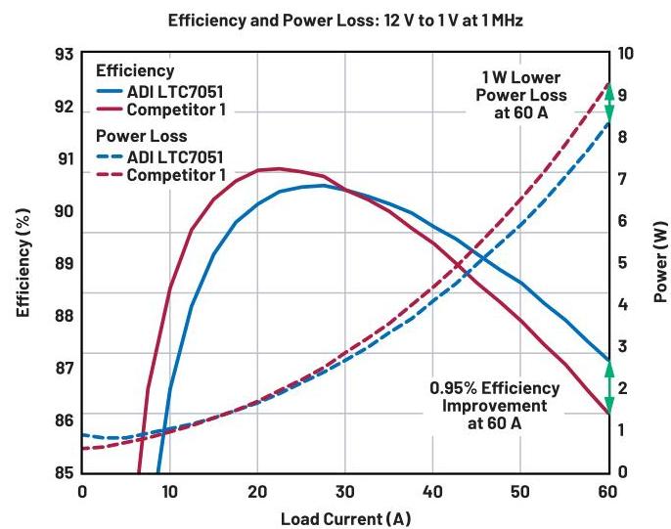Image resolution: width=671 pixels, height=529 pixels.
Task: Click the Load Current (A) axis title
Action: (x=345, y=517)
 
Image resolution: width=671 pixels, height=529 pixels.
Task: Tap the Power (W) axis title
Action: (x=661, y=264)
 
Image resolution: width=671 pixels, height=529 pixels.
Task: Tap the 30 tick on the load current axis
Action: (x=344, y=491)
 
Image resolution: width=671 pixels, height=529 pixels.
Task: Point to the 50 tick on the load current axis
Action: (x=520, y=491)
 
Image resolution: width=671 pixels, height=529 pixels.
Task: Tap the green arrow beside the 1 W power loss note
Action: (x=608, y=103)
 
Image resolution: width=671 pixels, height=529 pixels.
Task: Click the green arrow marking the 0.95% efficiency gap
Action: (x=608, y=386)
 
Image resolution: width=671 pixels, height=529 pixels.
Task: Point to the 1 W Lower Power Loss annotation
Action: (x=535, y=95)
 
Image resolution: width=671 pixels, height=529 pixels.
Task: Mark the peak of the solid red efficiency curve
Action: (x=278, y=168)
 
